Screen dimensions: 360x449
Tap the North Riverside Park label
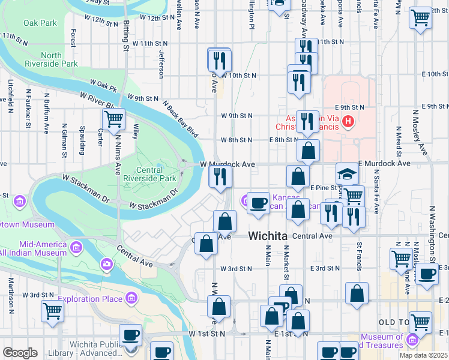(59, 59)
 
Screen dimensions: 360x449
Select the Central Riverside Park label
(149, 174)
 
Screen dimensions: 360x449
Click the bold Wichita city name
(267, 236)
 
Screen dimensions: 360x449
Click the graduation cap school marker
(347, 174)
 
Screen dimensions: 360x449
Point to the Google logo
(20, 352)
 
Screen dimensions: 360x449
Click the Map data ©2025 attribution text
(423, 355)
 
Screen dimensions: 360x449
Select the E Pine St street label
(325, 188)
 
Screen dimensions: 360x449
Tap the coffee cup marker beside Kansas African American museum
(259, 202)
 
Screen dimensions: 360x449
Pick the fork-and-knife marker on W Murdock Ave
(220, 176)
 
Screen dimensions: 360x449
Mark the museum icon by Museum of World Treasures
(412, 340)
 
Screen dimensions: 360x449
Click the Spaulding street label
(82, 139)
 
